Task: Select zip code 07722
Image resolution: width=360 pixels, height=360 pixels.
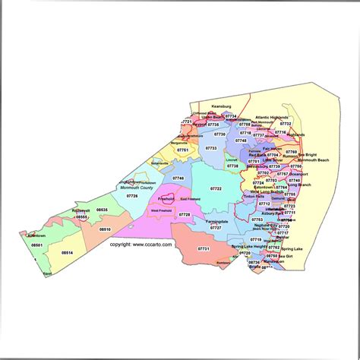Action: (x=216, y=188)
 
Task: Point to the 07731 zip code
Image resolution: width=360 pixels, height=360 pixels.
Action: (x=204, y=248)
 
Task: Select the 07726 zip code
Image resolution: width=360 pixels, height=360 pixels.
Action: (x=132, y=196)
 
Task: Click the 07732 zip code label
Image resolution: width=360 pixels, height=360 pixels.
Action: (x=286, y=122)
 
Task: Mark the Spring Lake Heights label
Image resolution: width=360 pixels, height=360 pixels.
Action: (x=249, y=247)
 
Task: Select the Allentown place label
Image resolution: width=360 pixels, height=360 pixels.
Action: (x=36, y=235)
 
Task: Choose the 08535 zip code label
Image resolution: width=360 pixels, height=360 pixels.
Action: (x=102, y=210)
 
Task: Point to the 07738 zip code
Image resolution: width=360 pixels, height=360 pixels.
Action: (x=232, y=166)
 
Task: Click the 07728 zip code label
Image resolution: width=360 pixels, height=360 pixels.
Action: (x=185, y=215)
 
